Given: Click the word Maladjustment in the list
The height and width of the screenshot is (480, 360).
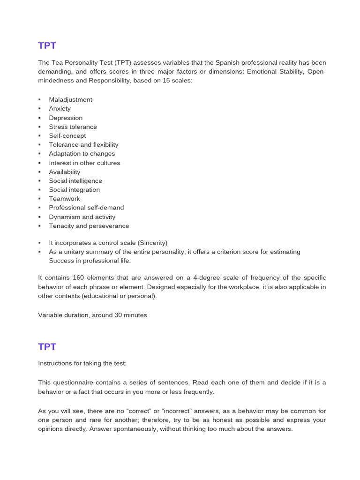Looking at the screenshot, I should click(70, 100).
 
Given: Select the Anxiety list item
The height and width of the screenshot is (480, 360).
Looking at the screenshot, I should click(60, 109).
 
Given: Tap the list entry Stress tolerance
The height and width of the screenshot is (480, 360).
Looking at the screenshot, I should click(73, 127).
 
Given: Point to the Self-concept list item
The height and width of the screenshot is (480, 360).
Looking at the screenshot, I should click(67, 136).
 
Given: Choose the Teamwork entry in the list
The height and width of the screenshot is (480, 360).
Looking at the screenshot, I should click(64, 199).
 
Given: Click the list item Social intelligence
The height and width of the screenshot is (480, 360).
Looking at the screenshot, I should click(75, 181).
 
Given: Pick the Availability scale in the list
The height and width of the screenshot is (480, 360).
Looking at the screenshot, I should click(65, 172).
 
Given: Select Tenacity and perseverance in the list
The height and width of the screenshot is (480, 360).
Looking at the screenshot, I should click(89, 226).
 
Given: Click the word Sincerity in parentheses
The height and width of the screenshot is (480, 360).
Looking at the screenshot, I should click(151, 243).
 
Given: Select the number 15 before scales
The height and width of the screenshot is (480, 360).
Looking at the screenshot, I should click(166, 81).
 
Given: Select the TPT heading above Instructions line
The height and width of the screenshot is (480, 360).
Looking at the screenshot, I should click(47, 347).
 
